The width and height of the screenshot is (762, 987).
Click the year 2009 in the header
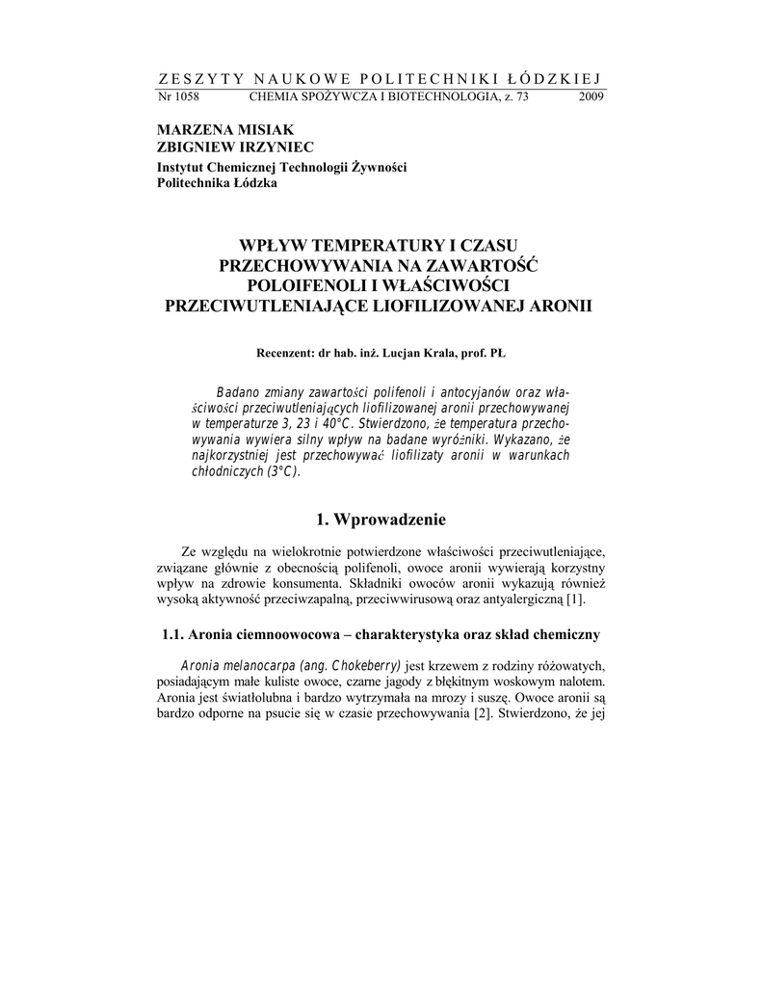click(591, 97)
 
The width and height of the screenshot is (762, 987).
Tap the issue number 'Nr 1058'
click(177, 97)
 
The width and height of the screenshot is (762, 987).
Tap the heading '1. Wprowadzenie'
click(381, 520)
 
